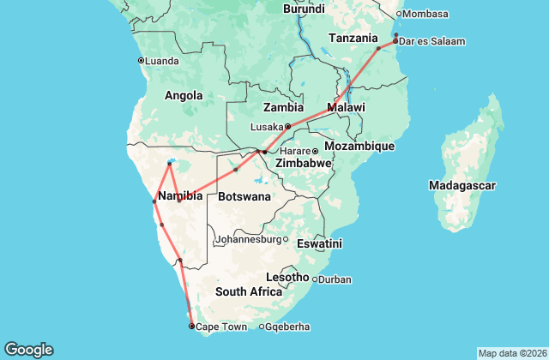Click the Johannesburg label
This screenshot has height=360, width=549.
click(x=249, y=239)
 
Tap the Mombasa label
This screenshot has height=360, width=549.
click(x=427, y=14)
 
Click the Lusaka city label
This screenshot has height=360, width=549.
click(x=266, y=126)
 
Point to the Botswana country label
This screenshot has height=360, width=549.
click(x=244, y=196)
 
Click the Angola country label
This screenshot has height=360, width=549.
click(x=184, y=95)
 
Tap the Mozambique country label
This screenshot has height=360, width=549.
click(x=359, y=147)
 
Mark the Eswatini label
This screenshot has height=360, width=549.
click(x=318, y=244)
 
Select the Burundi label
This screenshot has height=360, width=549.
click(x=304, y=9)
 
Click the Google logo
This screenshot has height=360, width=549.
click(x=28, y=350)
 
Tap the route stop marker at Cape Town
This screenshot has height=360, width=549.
click(x=191, y=326)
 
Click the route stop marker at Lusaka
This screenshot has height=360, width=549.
click(x=287, y=126)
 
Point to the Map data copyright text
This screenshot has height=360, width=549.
click(x=512, y=353)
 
